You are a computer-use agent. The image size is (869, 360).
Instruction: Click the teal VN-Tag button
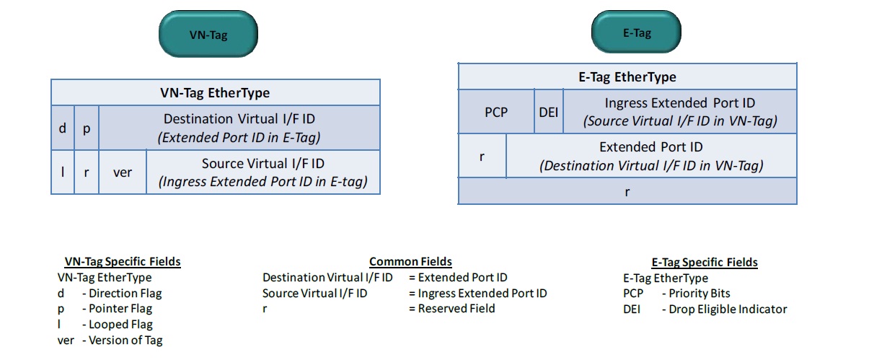tap(208, 35)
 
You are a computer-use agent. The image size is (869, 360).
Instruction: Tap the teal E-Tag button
tap(636, 33)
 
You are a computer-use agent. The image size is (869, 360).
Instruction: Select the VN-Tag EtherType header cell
tap(215, 92)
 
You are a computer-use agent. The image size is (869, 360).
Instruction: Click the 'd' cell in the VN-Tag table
tap(62, 128)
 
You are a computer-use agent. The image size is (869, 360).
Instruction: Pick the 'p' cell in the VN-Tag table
tap(86, 128)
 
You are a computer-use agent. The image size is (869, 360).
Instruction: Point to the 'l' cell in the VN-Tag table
tap(62, 172)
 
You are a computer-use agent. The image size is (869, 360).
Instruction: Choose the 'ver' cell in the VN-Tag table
tap(123, 172)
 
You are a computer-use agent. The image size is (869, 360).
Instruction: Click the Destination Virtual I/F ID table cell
tap(239, 128)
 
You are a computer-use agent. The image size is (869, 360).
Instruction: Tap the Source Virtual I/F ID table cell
tap(263, 172)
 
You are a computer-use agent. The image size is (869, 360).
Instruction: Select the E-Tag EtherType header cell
tap(627, 76)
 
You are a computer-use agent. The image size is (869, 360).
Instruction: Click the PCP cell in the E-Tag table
tap(495, 112)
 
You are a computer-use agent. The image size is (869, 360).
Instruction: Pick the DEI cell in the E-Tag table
tap(548, 112)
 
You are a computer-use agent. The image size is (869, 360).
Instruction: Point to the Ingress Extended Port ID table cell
tap(679, 112)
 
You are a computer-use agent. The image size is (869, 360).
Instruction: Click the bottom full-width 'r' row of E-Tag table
tap(627, 191)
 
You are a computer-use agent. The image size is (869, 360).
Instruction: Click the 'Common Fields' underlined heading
tap(410, 262)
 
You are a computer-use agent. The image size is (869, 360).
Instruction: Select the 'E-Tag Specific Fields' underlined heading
tap(704, 263)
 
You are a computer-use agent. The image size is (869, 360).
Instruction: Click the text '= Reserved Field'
tap(451, 309)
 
